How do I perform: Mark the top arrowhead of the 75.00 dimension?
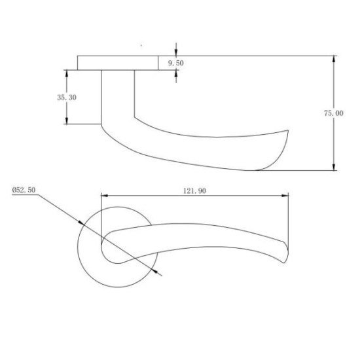334,60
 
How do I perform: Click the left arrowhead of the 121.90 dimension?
103,195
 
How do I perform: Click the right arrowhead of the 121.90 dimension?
285,195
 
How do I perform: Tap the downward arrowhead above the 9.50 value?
176,52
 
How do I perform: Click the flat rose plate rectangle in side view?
118,63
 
